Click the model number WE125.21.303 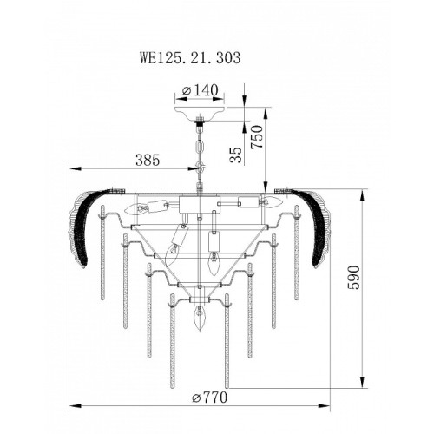(x=190, y=58)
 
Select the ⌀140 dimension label (x=200, y=90)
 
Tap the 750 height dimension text (x=257, y=137)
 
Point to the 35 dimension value (x=236, y=155)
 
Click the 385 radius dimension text (x=148, y=160)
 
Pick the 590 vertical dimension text (x=354, y=277)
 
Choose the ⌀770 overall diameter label (x=210, y=398)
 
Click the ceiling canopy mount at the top (x=200, y=113)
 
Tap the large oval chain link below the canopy (x=200, y=147)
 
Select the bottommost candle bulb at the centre (x=199, y=319)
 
